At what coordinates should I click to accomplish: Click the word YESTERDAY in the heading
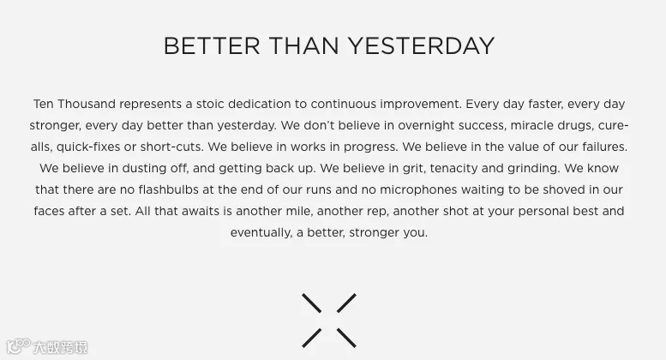[x=422, y=45]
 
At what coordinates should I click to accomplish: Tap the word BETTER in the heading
[x=212, y=45]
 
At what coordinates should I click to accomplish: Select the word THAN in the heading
[x=303, y=45]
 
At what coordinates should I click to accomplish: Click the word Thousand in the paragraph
[x=87, y=104]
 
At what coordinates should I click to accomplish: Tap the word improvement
[x=421, y=104]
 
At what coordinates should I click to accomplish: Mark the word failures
[x=605, y=147]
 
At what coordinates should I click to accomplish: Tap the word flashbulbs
[x=169, y=189]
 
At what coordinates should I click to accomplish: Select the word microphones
[x=418, y=189]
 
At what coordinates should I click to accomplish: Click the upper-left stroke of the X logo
[x=311, y=303]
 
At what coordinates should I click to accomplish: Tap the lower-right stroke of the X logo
[x=346, y=338]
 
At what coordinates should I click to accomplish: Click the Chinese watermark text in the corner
[x=60, y=347]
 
